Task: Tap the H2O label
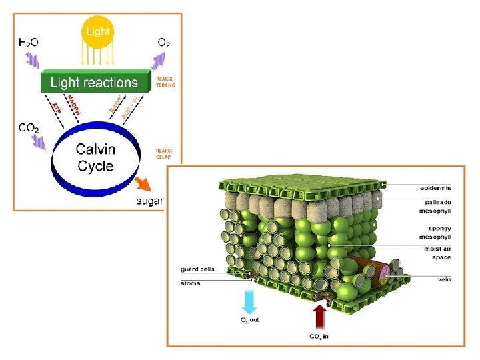coord(28,42)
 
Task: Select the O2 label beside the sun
coord(163,42)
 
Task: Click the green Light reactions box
coord(93,83)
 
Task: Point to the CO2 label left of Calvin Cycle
coord(28,127)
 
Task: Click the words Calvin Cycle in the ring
coord(95,158)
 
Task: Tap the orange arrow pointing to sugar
coord(142,183)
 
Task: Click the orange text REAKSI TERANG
coord(165,82)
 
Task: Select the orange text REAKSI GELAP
coord(165,154)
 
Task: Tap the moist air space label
coord(437,253)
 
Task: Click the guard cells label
coord(197,270)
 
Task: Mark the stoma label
coord(191,283)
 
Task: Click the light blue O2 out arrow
coord(249,301)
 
